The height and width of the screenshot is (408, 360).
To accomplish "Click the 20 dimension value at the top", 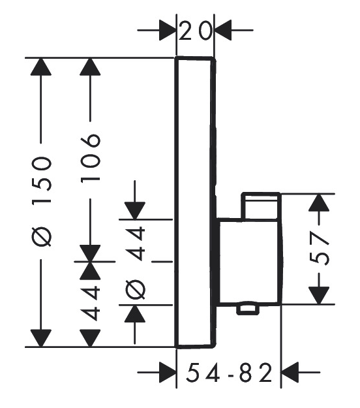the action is [196, 31].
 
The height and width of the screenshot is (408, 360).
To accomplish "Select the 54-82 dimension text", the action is [230, 373].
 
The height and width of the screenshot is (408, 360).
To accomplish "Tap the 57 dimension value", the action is [320, 249].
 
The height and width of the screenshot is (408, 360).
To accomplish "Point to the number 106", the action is [91, 158].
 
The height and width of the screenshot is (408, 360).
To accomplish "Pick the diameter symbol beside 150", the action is [42, 236].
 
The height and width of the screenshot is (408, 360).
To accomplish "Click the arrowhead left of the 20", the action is [168, 31].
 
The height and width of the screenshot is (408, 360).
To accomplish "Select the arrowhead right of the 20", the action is [223, 31].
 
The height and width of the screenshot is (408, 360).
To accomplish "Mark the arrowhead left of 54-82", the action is [168, 372].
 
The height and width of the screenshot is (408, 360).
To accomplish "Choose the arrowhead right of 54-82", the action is [290, 372].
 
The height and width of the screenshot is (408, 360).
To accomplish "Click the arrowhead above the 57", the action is [319, 202].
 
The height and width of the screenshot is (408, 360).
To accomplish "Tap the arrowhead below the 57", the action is [319, 295].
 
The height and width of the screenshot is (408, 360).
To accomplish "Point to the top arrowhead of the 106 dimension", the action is [90, 67].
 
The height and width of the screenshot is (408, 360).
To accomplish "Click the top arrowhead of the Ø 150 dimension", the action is [41, 67].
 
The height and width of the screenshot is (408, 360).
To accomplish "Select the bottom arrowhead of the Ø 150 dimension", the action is [41, 338].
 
